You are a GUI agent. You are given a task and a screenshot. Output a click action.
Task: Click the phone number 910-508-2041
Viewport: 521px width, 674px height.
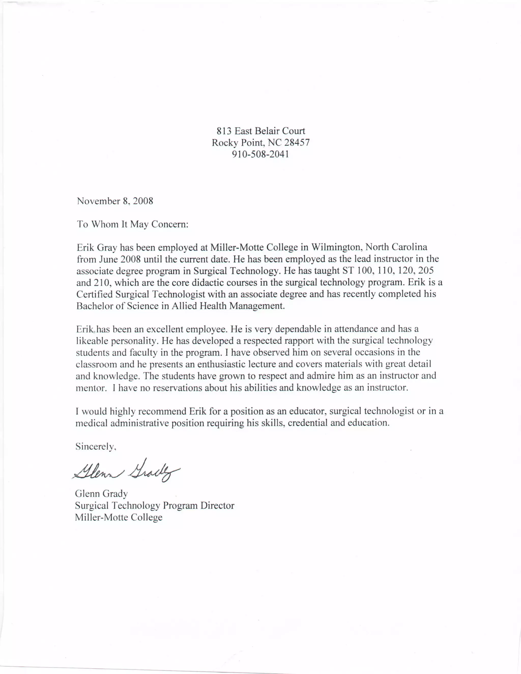260,154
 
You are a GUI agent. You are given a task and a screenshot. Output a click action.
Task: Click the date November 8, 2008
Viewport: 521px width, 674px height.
115,201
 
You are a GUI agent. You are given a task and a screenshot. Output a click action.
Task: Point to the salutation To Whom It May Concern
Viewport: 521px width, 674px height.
132,224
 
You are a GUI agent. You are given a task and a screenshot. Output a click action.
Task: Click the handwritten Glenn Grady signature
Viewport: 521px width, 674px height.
126,472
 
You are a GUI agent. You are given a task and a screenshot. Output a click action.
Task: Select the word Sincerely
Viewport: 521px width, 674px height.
95,447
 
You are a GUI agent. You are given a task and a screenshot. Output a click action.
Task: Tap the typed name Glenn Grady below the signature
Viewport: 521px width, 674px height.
101,494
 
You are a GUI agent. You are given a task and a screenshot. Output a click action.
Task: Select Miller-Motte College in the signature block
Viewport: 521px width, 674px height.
119,517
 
